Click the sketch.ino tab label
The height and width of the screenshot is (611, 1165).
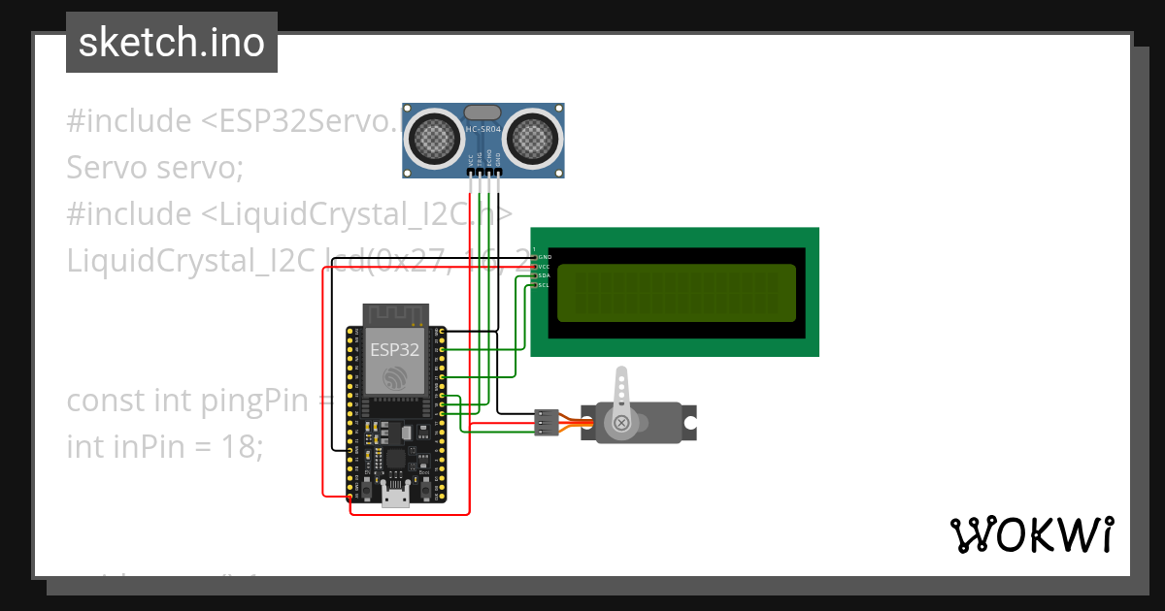point(172,43)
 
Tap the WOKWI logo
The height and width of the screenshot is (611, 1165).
point(1031,534)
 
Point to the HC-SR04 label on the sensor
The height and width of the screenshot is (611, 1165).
point(483,129)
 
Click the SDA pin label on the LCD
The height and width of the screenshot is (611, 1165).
point(544,275)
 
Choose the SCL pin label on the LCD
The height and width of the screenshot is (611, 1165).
point(544,285)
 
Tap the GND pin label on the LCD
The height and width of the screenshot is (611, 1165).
point(544,257)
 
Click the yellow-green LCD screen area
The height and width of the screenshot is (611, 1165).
point(677,292)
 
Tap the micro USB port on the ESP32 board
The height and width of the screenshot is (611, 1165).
point(395,498)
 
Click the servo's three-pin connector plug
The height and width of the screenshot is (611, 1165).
point(546,423)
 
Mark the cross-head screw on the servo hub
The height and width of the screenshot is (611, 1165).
point(622,423)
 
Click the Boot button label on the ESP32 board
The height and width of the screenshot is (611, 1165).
point(423,473)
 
